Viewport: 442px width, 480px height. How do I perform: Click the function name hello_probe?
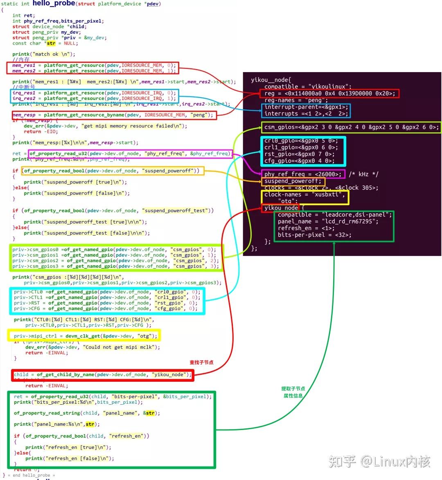tap(54, 3)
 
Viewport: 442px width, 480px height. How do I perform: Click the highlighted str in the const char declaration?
tap(51, 43)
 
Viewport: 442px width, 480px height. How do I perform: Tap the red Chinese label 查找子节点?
tap(201, 362)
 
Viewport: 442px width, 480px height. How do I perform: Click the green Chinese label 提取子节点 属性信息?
tap(293, 392)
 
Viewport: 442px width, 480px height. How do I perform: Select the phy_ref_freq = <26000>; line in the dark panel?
tap(302, 174)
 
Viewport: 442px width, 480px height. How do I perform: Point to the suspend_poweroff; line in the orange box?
tap(293, 181)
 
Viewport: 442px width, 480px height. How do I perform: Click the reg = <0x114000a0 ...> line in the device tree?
tap(329, 93)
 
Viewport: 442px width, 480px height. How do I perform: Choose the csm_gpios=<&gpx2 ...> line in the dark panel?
tap(351, 127)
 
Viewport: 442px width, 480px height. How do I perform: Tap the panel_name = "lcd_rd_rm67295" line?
tap(328, 221)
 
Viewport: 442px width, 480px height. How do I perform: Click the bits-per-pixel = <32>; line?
tap(314, 235)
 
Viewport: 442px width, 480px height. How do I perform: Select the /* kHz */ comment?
tap(363, 174)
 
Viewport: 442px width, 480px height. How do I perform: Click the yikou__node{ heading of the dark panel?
tap(271, 79)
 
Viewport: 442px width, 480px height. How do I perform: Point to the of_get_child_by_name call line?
tap(102, 374)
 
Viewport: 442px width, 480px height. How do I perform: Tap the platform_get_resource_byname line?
tap(113, 115)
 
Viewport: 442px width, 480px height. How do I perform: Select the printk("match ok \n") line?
tap(44, 54)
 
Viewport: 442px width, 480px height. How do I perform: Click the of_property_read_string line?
tap(87, 413)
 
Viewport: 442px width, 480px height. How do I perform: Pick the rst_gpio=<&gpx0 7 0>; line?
tap(299, 154)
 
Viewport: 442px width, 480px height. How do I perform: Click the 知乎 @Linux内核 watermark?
tap(379, 462)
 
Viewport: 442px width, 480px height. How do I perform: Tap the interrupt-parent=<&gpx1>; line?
tap(306, 107)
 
